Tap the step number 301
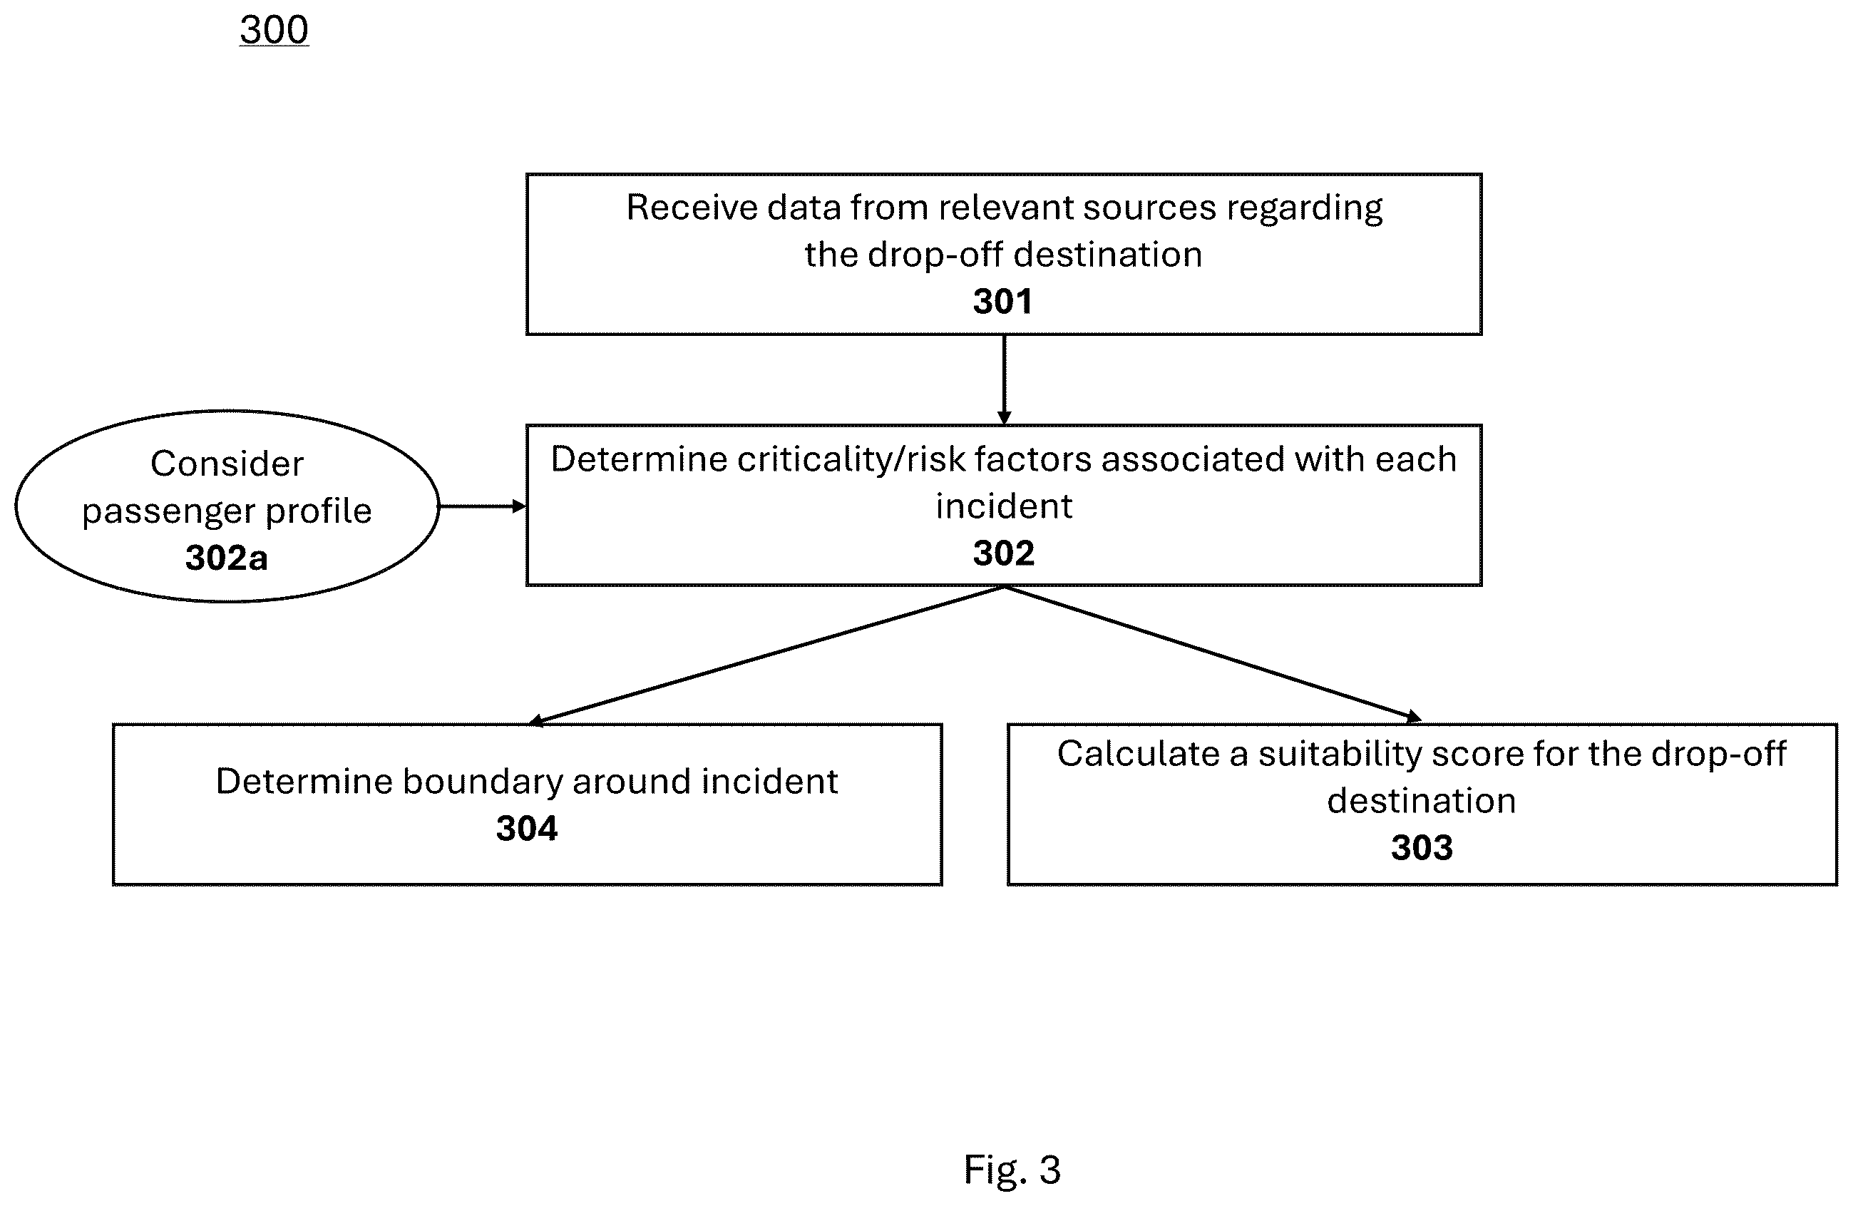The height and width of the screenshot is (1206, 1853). (1003, 301)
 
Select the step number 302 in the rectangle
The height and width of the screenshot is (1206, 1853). (1004, 553)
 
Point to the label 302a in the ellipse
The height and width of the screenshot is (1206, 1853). (227, 558)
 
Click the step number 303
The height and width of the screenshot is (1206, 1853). (1422, 847)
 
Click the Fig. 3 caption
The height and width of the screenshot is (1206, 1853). (1012, 1170)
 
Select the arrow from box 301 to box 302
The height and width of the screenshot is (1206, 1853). (1005, 380)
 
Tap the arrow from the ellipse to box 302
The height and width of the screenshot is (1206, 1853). (483, 507)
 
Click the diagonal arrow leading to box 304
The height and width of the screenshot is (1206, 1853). (767, 655)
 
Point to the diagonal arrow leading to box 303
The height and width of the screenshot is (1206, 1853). (1213, 653)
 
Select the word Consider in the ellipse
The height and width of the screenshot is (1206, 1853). (227, 464)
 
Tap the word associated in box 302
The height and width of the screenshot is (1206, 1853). (1192, 459)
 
